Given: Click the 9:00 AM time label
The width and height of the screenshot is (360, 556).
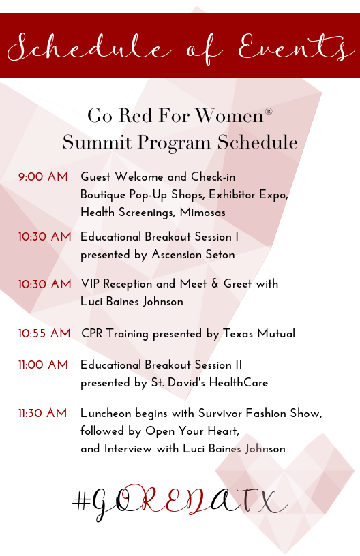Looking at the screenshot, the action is (x=43, y=176).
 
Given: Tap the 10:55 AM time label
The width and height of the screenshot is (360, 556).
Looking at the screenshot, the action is (x=44, y=333).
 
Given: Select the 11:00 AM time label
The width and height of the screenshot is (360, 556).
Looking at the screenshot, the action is (x=43, y=365).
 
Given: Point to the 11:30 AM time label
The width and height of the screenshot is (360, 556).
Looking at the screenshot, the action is (x=42, y=413).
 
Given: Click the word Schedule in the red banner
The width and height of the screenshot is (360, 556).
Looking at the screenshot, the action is (x=89, y=48).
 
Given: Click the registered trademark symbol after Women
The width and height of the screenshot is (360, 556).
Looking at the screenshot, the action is (x=269, y=112).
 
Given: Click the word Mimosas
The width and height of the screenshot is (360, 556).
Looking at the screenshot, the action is (x=202, y=212).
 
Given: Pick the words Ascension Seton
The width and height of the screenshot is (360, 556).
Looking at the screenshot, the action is (x=194, y=254).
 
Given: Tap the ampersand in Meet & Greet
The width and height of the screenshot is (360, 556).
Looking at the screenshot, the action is (x=215, y=283).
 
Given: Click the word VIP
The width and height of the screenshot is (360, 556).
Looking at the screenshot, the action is (x=90, y=283).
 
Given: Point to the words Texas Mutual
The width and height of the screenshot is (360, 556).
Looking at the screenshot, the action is (x=259, y=333).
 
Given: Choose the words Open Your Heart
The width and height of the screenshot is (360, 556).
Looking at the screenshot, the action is (x=192, y=431).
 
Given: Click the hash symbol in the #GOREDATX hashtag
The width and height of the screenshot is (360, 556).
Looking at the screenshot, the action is (x=82, y=501).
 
